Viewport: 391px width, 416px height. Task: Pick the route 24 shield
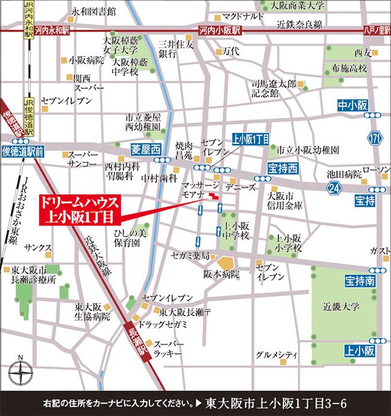tap(333, 188)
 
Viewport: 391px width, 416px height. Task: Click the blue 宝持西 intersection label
tap(281, 168)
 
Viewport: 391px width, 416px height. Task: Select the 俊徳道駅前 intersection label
tap(23, 153)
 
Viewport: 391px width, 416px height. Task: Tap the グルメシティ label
tap(272, 355)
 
